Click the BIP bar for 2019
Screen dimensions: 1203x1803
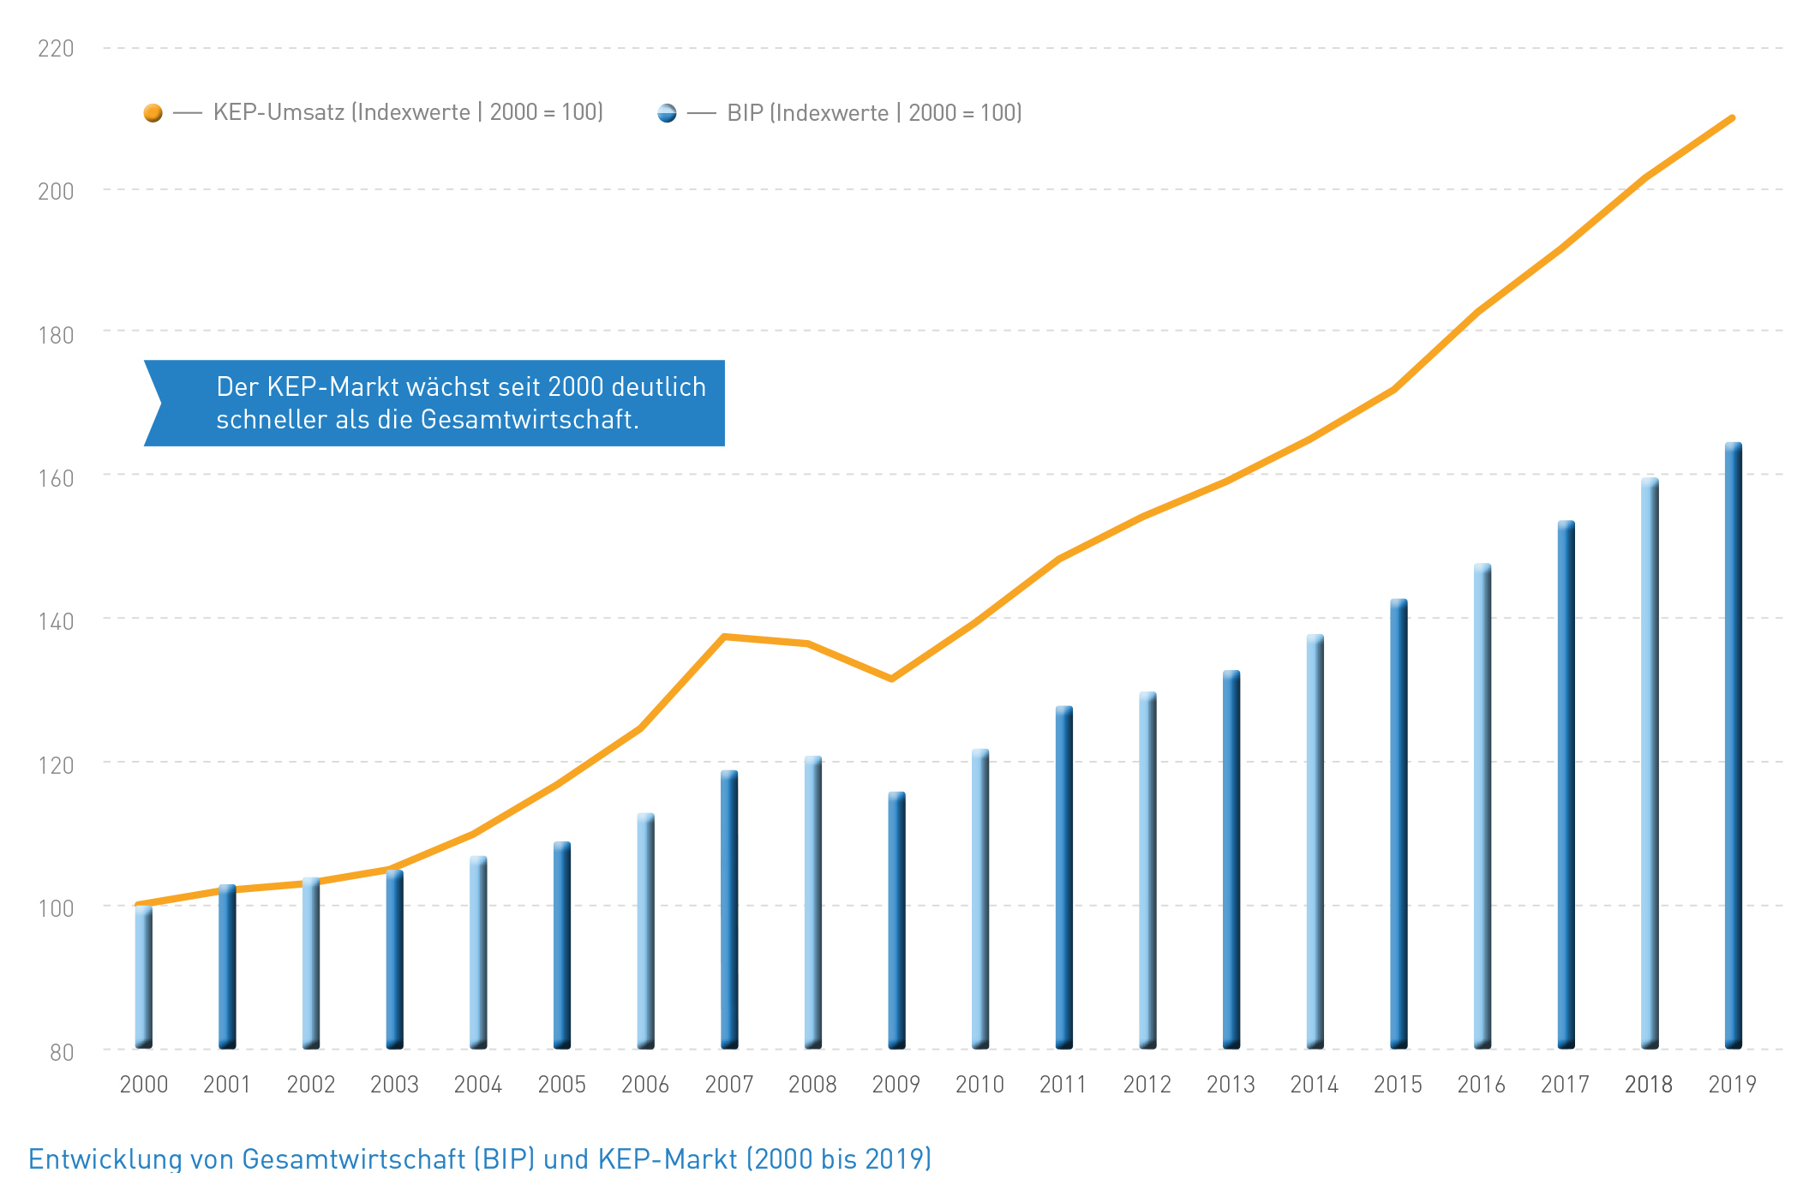coord(1733,745)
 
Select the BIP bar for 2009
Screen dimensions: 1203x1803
coord(896,921)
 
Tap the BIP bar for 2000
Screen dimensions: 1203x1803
coord(144,977)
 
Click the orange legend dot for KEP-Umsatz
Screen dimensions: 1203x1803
coord(153,113)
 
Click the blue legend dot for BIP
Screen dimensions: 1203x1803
coord(667,113)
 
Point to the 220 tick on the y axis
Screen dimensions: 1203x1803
coord(56,49)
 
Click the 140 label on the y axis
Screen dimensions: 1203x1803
coord(56,621)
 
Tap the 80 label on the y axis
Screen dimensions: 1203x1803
coord(62,1052)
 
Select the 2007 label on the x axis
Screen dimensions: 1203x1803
coord(728,1085)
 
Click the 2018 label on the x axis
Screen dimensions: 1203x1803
coord(1648,1085)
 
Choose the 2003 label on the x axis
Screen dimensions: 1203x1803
coord(394,1085)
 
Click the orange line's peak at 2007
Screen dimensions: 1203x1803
coord(725,637)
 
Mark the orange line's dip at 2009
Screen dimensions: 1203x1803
coord(892,679)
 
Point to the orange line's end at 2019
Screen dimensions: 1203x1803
coord(1732,118)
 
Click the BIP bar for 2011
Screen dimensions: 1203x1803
coord(1063,877)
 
